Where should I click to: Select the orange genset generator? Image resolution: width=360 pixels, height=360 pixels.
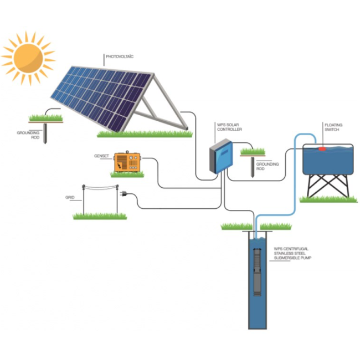click(128, 163)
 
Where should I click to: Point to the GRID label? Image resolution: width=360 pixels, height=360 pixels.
click(70, 197)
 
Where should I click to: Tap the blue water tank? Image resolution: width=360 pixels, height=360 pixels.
click(327, 161)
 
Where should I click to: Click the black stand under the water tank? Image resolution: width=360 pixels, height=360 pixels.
click(327, 186)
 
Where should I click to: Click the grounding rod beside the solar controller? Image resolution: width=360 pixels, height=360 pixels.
click(253, 166)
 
